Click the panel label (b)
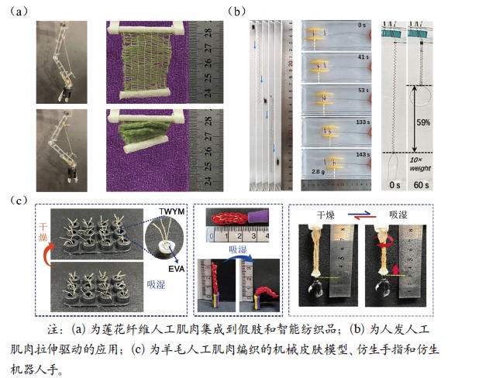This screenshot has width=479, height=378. (x=236, y=12)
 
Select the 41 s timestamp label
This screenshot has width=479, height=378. (x=359, y=58)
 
